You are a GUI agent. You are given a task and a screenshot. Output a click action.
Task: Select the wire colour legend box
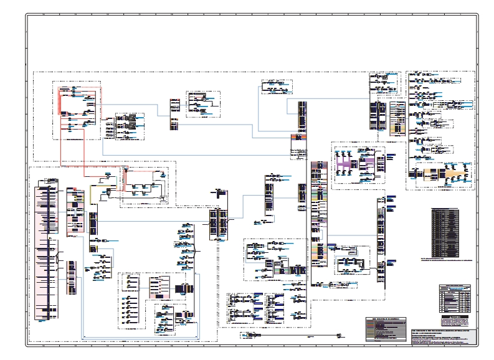[387, 328]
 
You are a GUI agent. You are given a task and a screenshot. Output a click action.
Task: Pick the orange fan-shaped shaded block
[446, 174]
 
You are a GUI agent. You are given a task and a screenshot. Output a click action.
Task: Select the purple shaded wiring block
[354, 164]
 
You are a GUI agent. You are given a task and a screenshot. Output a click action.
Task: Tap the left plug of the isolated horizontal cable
[250, 336]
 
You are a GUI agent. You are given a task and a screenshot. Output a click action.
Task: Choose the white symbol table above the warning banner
[454, 298]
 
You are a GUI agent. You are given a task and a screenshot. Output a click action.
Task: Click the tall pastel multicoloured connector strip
[318, 212]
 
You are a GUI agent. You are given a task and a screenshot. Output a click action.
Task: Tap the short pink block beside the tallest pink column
[75, 209]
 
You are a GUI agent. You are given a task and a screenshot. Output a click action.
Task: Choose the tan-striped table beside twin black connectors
[397, 118]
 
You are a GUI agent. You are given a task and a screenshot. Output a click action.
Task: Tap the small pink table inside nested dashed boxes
[160, 287]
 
